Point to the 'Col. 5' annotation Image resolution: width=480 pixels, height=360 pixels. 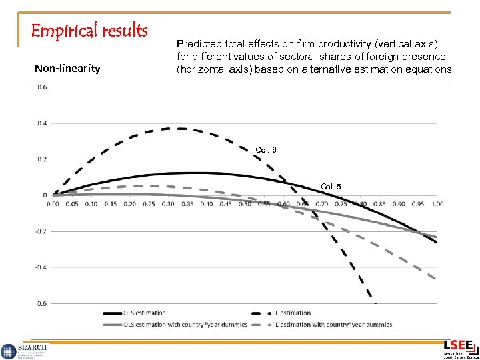[331, 187]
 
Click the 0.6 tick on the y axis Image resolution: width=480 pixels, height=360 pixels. [41, 87]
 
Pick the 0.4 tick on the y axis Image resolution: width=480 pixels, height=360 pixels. [41, 123]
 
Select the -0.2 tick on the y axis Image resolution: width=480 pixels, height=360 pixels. [41, 231]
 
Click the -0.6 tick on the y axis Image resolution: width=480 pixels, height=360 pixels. [41, 304]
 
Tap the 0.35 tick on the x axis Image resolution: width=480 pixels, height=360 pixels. [187, 204]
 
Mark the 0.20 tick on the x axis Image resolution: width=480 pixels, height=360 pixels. [129, 204]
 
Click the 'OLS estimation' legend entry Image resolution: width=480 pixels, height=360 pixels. [143, 313]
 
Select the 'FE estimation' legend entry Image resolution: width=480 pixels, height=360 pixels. [291, 313]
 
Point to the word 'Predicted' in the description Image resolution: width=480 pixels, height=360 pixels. [197, 44]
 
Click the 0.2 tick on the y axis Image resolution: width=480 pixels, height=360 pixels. [41, 159]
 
